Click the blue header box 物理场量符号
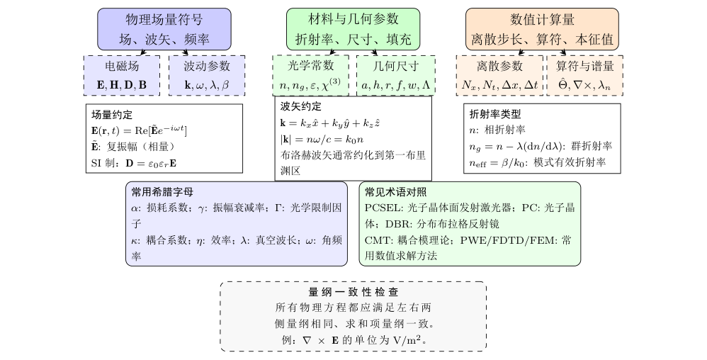click(x=164, y=29)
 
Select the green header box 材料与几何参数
click(x=353, y=29)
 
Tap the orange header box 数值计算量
click(x=542, y=29)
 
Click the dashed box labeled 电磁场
click(x=122, y=75)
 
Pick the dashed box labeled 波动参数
click(x=207, y=75)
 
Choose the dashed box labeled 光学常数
click(x=311, y=75)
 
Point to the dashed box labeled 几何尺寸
click(x=396, y=75)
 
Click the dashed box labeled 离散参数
click(x=499, y=75)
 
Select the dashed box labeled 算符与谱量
click(x=585, y=75)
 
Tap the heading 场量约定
click(x=112, y=115)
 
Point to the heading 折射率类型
click(x=495, y=114)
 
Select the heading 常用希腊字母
click(x=162, y=192)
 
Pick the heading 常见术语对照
click(x=395, y=192)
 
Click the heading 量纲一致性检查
click(x=353, y=292)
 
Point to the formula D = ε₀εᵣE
click(x=151, y=164)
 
